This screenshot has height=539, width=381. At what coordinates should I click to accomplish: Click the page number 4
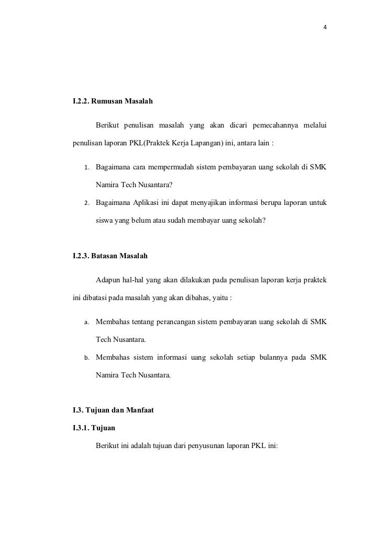tap(325, 28)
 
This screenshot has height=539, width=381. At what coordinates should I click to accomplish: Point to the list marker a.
tap(86, 323)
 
